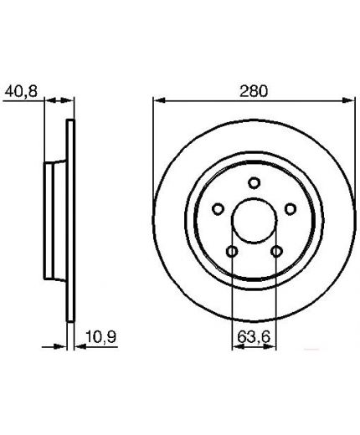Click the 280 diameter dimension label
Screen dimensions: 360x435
(254, 91)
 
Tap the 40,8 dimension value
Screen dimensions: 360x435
(21, 91)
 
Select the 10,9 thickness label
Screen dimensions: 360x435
(100, 337)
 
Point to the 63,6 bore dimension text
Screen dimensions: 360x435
(254, 337)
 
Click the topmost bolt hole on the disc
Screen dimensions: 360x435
(254, 183)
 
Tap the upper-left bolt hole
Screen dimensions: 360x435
(218, 209)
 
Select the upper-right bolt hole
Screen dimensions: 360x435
(291, 209)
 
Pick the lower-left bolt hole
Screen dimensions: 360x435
(232, 252)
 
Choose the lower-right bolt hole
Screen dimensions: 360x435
(276, 252)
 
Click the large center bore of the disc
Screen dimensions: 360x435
(255, 220)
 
